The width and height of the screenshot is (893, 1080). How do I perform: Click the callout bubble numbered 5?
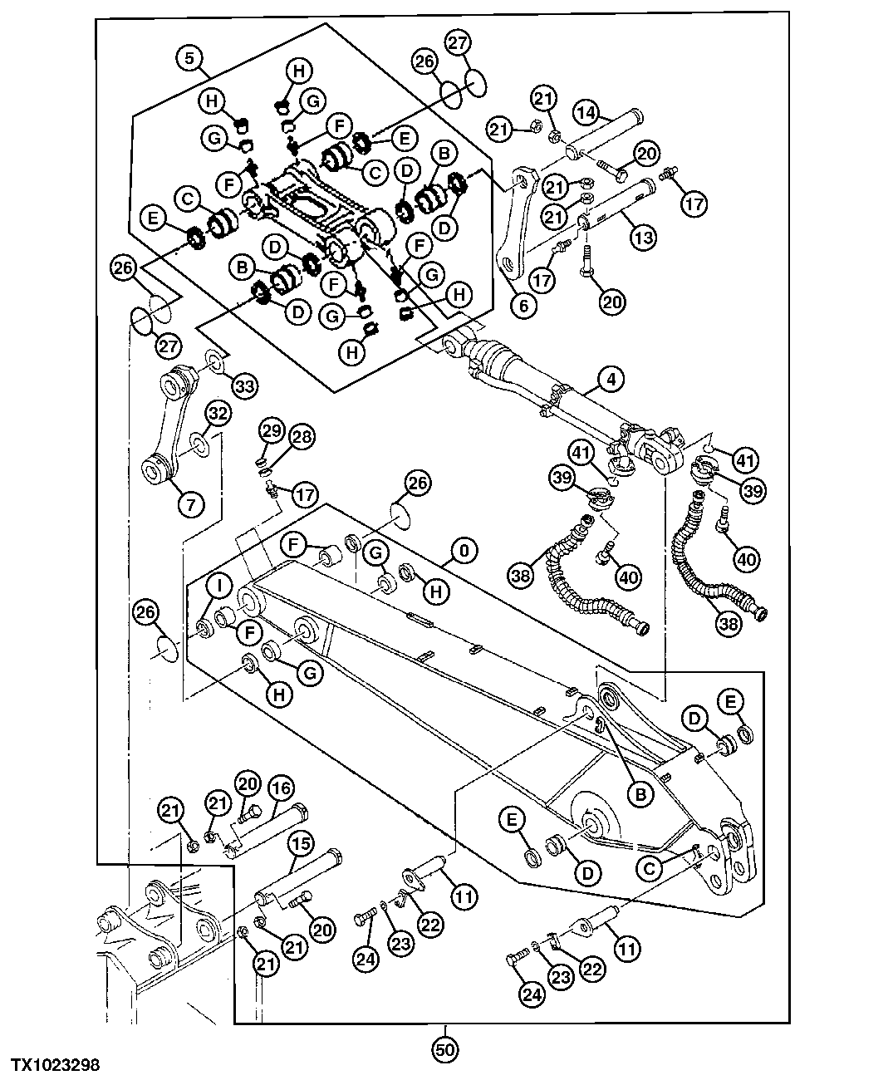[190, 58]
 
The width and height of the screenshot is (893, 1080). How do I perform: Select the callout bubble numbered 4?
[611, 380]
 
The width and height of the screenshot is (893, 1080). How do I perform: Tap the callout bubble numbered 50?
[445, 1049]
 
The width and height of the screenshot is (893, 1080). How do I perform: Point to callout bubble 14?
[586, 112]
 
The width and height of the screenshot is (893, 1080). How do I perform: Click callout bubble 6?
[523, 305]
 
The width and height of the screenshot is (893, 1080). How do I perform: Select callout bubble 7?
[190, 503]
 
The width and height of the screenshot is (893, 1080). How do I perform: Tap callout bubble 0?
[465, 550]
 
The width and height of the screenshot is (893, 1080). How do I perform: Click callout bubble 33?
[244, 385]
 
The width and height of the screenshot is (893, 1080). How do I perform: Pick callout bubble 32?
[218, 413]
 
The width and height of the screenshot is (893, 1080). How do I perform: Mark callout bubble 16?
[280, 787]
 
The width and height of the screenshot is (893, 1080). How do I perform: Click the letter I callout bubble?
[219, 584]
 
